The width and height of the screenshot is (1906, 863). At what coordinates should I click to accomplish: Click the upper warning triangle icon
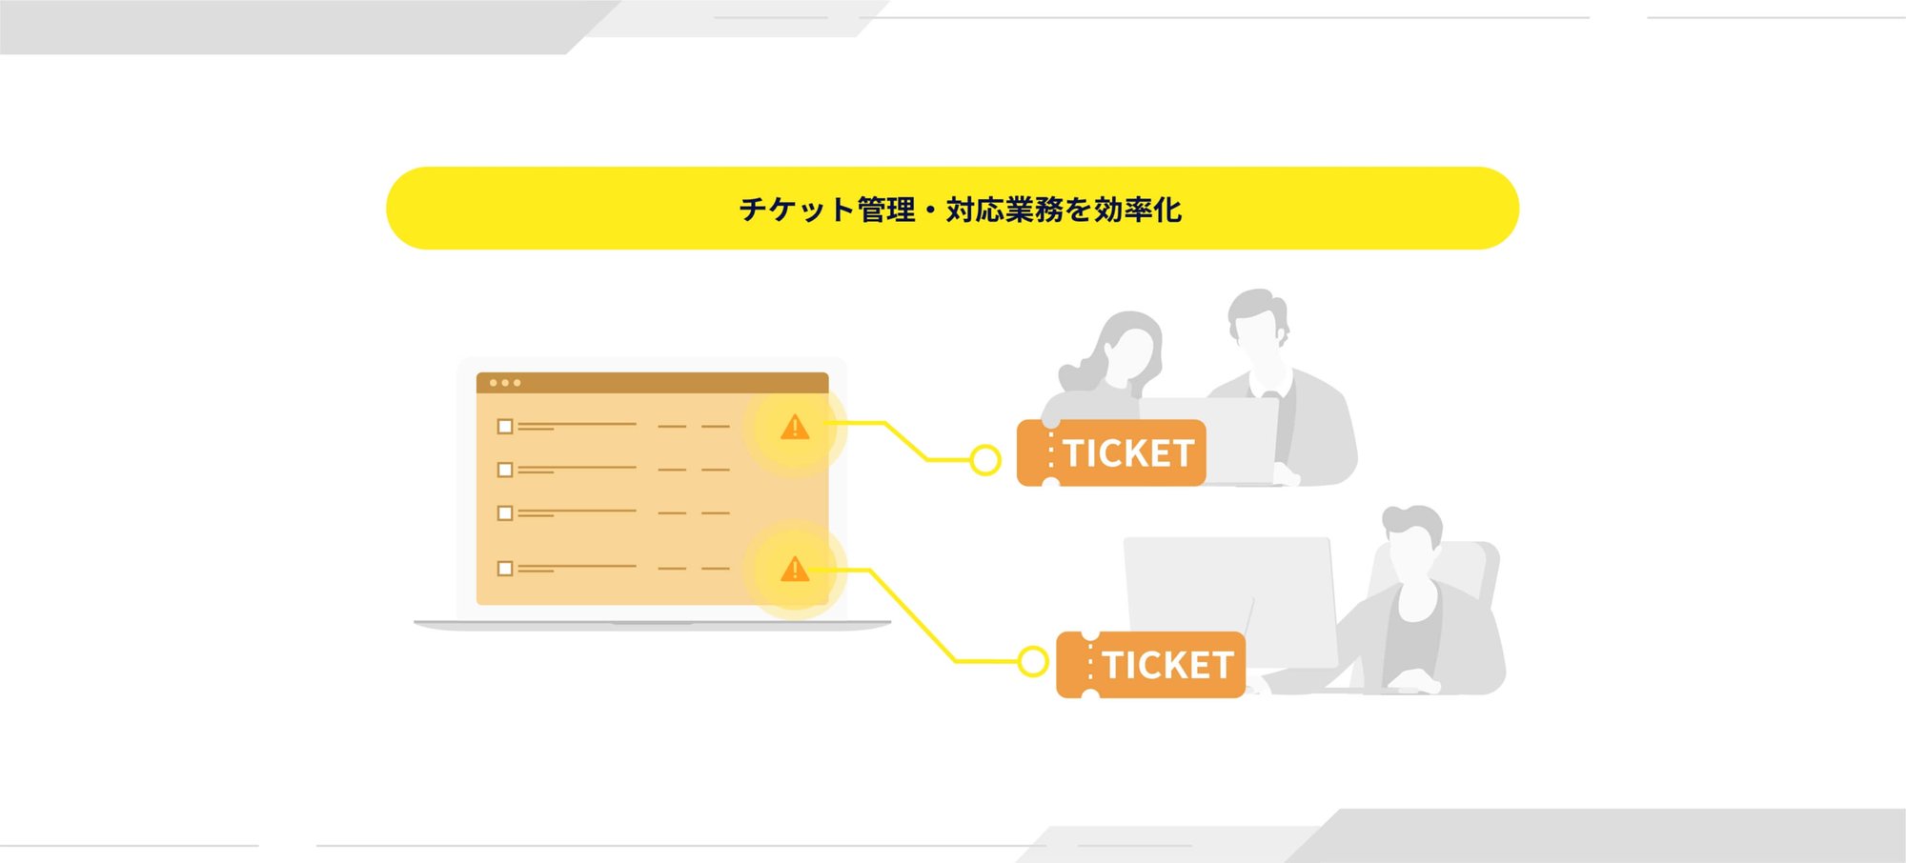[x=795, y=428]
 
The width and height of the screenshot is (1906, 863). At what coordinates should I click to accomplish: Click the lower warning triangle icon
[x=795, y=570]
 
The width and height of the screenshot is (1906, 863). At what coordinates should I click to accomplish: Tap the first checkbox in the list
[x=505, y=427]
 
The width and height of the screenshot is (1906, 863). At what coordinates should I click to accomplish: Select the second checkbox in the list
[x=505, y=470]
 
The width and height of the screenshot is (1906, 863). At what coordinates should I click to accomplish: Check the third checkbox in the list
[x=505, y=513]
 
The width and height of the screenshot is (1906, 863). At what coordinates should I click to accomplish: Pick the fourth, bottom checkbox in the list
[x=505, y=569]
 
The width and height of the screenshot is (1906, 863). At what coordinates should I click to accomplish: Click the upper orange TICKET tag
[x=1111, y=453]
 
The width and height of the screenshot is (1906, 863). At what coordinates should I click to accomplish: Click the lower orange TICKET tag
[x=1151, y=665]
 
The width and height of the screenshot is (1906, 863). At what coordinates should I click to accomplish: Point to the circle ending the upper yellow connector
[x=985, y=461]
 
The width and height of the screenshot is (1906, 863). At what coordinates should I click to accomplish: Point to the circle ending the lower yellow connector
[x=1033, y=661]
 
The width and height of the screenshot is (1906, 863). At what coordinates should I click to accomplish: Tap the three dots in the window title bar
[x=505, y=383]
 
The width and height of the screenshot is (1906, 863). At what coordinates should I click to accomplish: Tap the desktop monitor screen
[x=1229, y=591]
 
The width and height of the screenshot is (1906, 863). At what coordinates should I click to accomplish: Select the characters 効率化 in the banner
[x=1138, y=210]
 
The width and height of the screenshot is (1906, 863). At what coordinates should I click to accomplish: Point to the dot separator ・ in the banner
[x=931, y=210]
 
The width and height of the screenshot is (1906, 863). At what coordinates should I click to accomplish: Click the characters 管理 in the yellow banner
[x=886, y=210]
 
